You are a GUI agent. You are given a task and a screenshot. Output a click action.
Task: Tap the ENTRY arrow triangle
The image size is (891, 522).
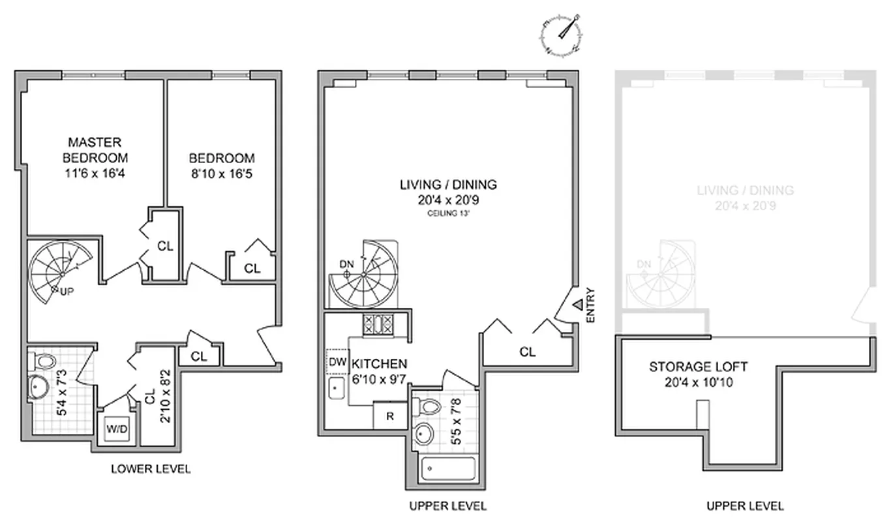[578, 304]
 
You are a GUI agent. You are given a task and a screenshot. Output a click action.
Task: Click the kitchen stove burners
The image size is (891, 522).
[378, 324]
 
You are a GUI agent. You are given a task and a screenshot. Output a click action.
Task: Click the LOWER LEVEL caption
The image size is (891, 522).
[151, 468]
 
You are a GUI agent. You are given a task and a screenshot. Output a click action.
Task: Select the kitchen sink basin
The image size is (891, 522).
[337, 390]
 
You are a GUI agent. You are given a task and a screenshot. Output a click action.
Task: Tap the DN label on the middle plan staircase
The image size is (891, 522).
[346, 264]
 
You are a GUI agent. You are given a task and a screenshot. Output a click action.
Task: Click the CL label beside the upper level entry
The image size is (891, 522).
[528, 352]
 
